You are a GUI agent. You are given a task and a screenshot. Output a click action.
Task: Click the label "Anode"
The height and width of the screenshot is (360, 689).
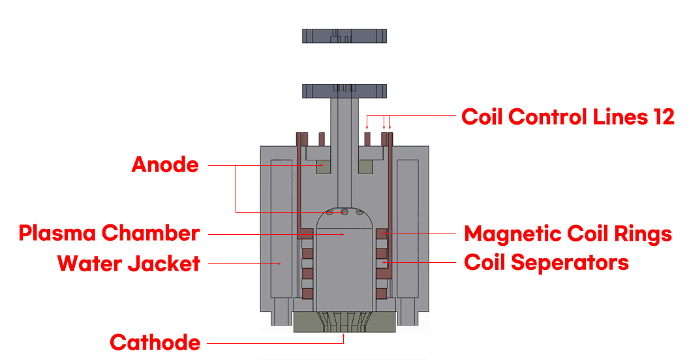click(x=165, y=164)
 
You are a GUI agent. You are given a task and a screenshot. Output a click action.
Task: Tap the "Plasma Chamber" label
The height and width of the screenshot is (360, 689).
click(x=109, y=233)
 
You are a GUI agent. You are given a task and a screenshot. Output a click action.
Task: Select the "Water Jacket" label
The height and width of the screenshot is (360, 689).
click(x=129, y=263)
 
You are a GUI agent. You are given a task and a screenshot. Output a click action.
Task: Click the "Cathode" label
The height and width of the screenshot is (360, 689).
click(x=155, y=342)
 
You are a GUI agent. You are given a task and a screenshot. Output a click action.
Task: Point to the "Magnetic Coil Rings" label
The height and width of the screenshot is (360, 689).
click(x=568, y=233)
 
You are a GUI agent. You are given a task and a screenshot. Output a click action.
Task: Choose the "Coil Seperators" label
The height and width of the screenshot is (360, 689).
click(x=546, y=262)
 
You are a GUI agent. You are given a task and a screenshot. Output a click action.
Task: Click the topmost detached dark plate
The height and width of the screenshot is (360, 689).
click(x=344, y=36)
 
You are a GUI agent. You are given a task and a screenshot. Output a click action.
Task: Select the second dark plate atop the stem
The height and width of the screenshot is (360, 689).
click(x=344, y=90)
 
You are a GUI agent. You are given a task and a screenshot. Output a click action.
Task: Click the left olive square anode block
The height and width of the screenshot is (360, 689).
click(x=324, y=166)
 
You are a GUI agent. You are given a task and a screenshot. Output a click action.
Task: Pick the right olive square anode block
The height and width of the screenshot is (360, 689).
click(x=365, y=166)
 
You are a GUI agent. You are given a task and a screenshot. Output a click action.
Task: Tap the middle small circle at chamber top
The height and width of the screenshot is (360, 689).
click(x=344, y=211)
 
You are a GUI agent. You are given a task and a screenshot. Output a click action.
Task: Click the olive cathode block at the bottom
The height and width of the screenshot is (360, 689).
click(x=344, y=322)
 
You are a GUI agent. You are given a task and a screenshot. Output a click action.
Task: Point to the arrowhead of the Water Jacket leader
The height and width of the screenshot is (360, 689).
click(x=280, y=263)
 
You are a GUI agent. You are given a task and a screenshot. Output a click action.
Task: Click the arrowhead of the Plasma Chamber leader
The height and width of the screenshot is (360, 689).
click(x=343, y=233)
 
